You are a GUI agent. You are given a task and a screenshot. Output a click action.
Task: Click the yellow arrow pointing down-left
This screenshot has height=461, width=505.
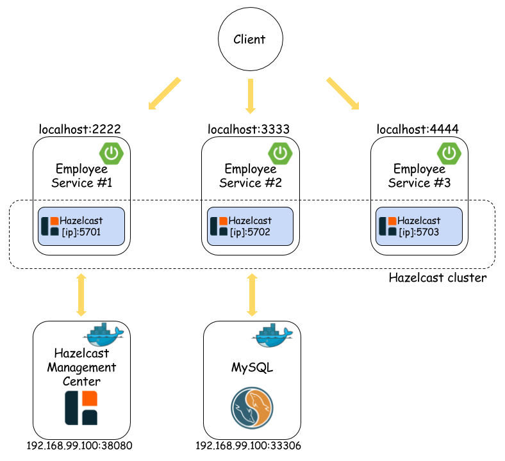click(165, 93)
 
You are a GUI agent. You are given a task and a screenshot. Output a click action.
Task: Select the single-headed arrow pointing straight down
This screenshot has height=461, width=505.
click(251, 96)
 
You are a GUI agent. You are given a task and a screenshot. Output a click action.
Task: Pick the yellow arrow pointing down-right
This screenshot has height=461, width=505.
click(343, 93)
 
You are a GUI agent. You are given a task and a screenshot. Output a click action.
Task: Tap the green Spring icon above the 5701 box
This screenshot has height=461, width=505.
click(112, 154)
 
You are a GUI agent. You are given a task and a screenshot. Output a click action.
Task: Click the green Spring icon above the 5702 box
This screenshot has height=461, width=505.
click(280, 154)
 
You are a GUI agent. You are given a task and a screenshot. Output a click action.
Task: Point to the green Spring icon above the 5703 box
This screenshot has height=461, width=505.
click(449, 154)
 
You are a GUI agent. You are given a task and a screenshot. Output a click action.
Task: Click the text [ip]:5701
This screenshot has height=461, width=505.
click(81, 232)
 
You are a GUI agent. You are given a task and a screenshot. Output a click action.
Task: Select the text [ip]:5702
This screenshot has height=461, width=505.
click(250, 232)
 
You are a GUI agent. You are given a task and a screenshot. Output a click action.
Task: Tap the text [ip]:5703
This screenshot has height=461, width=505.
click(418, 232)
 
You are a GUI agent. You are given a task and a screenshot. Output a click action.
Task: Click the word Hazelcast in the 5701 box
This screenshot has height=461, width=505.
click(81, 220)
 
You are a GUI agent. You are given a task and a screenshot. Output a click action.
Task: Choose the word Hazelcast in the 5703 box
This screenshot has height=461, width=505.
click(418, 220)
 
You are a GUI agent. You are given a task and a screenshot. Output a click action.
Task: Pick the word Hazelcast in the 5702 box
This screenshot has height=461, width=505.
click(250, 220)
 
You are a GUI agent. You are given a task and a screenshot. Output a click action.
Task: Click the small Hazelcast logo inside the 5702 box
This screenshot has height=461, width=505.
click(219, 226)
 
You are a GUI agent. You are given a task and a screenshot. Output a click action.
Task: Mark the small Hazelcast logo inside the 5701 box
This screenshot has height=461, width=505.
click(50, 226)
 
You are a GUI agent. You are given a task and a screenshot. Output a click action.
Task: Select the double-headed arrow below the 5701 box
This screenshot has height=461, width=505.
click(81, 295)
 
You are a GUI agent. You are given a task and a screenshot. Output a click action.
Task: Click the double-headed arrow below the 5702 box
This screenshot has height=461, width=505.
click(252, 295)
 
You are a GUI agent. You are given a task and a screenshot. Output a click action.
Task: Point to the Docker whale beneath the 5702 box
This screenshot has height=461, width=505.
click(272, 335)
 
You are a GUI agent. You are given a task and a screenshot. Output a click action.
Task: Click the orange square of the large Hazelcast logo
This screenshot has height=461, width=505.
click(89, 399)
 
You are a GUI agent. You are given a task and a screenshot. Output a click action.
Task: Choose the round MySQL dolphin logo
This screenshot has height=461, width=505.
click(252, 408)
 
